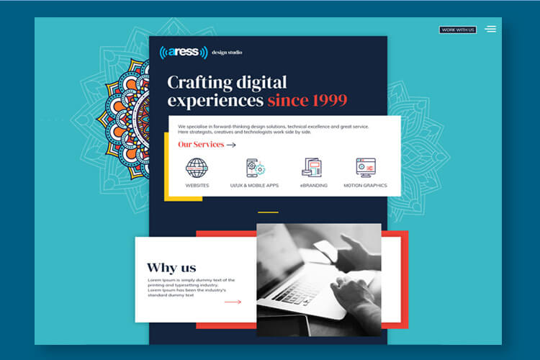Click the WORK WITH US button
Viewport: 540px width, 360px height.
point(458,30)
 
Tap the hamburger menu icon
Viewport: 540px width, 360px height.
point(490,30)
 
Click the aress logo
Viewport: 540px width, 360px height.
point(184,53)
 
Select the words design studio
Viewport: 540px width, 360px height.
point(227,53)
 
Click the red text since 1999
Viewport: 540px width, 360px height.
point(307,100)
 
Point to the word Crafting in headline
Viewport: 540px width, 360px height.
point(199,83)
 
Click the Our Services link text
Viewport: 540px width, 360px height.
point(201,144)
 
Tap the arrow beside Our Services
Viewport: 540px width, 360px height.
point(231,145)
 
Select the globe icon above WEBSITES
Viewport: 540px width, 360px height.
point(197,168)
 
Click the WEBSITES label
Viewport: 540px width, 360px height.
point(197,185)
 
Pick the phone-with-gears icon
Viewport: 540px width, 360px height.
point(256,168)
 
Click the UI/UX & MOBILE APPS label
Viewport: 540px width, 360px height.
point(254,185)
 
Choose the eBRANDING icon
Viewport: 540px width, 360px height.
point(312,168)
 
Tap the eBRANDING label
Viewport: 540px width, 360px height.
point(313,185)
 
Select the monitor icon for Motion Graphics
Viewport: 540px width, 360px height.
point(366,168)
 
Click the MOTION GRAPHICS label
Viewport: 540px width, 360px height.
point(365,185)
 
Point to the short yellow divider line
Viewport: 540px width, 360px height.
point(268,212)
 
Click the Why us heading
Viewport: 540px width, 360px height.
point(171,268)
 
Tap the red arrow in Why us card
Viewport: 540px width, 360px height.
point(233,302)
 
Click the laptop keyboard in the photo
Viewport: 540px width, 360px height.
point(297,292)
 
